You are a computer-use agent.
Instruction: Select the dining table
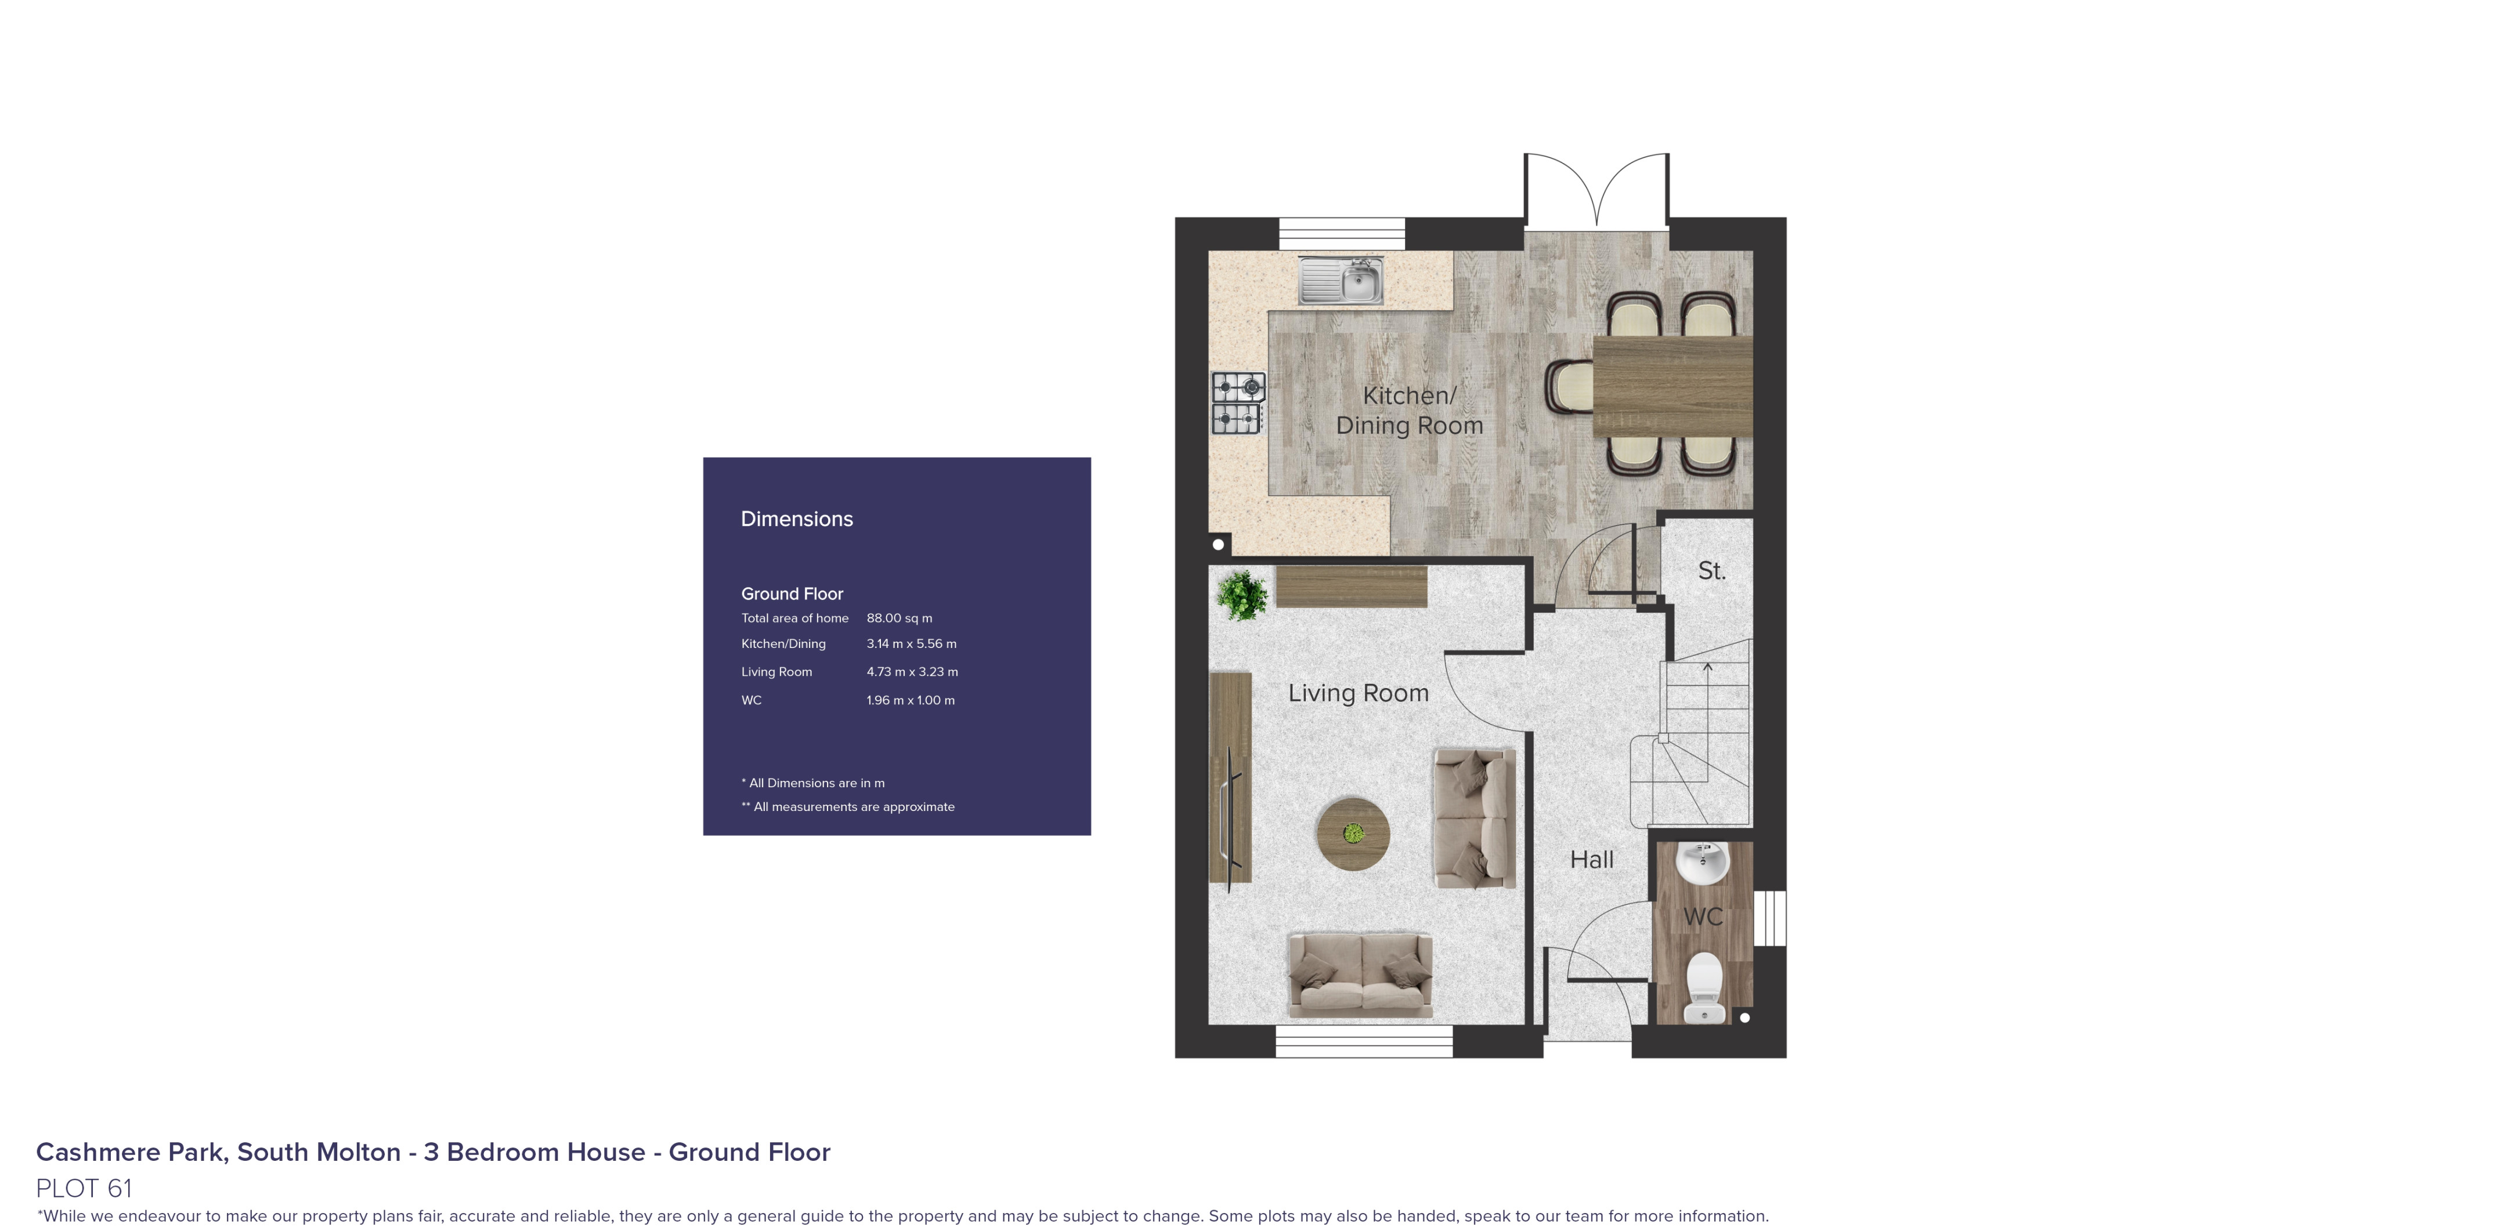pos(1672,386)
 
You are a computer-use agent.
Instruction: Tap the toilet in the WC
pos(1704,986)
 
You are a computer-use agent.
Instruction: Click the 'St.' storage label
pos(1711,571)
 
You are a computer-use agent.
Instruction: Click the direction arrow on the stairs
pos(1707,668)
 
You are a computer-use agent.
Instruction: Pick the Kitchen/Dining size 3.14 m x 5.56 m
pos(911,644)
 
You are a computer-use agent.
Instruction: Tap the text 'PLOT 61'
pos(84,1188)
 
